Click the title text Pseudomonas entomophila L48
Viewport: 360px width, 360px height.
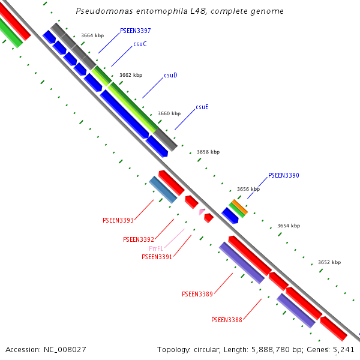(x=180, y=11)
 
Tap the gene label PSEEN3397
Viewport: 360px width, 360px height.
(x=135, y=31)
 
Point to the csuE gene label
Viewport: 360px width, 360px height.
(x=202, y=107)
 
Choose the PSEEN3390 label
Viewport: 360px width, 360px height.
(x=283, y=175)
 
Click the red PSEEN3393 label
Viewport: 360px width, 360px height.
(x=118, y=220)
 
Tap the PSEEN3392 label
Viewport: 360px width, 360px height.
(x=139, y=239)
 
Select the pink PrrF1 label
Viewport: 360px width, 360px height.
(x=156, y=248)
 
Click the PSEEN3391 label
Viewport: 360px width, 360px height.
(x=157, y=257)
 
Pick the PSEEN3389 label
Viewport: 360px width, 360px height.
(x=197, y=294)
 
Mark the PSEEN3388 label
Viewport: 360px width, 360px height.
(x=227, y=320)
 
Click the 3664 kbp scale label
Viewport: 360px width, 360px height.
(x=92, y=36)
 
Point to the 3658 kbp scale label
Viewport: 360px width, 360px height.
(x=208, y=152)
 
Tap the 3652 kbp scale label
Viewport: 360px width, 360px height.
(x=329, y=262)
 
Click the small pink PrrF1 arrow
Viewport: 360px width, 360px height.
(x=202, y=211)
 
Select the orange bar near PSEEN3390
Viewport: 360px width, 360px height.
(x=239, y=207)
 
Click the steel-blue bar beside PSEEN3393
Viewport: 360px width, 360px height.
(x=163, y=189)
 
